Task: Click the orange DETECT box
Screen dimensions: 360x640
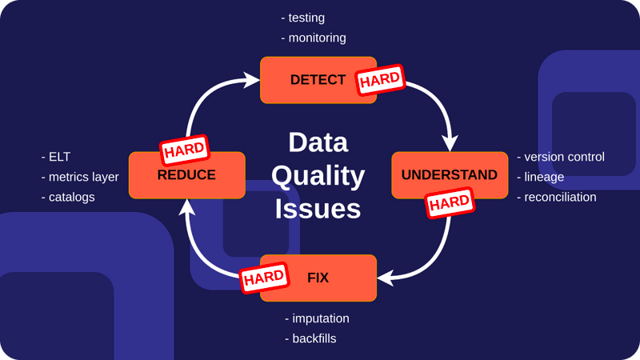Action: [308, 80]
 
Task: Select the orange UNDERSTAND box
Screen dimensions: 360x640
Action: [449, 174]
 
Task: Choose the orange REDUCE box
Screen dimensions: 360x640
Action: [186, 175]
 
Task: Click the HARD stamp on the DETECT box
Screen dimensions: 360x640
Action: [380, 79]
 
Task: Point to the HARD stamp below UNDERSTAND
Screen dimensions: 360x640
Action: [450, 203]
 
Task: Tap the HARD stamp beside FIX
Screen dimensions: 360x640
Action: [264, 278]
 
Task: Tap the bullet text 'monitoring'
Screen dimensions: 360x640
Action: [317, 38]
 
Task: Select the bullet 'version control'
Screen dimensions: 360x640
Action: [564, 157]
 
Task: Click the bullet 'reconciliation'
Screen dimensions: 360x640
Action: [560, 197]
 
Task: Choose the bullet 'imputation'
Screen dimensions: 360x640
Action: [320, 318]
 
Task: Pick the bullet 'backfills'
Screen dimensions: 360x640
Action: [314, 338]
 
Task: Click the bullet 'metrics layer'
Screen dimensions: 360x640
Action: [83, 177]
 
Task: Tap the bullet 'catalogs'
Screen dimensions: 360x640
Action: [71, 197]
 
